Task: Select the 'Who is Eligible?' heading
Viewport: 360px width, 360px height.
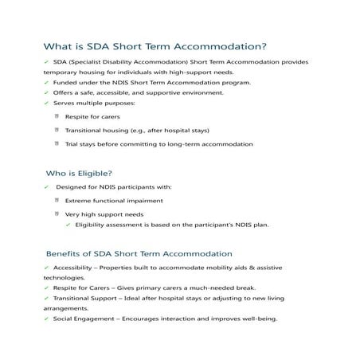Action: click(x=79, y=172)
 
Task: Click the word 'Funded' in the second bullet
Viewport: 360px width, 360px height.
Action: click(x=65, y=82)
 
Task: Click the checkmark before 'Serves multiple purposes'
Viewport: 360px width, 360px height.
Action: click(x=47, y=103)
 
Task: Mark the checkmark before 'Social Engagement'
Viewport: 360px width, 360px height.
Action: click(x=47, y=318)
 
